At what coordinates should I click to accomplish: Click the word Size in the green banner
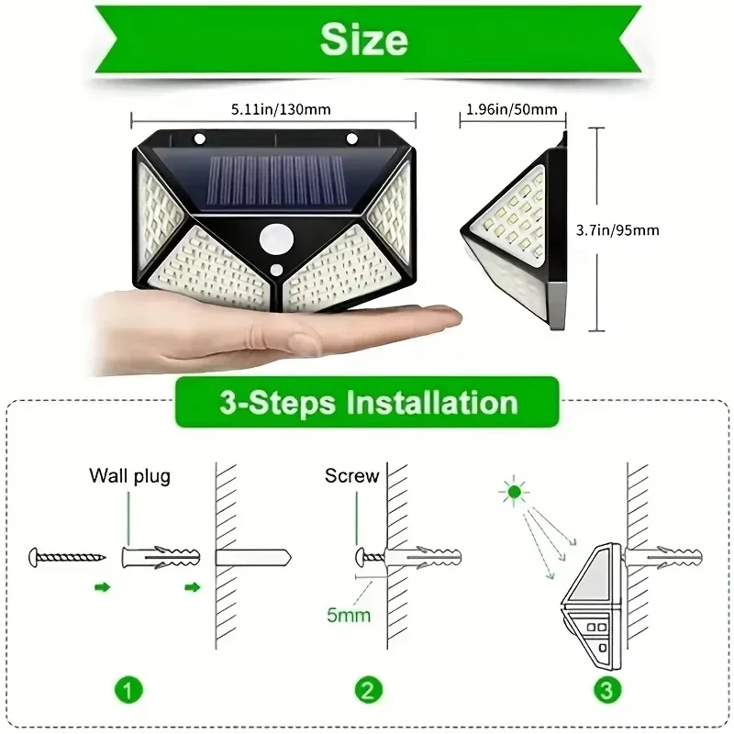(364, 40)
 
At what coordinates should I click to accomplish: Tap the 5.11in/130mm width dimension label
(275, 109)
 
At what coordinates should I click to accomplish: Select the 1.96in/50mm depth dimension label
(511, 109)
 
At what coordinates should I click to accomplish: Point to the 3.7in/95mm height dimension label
(641, 229)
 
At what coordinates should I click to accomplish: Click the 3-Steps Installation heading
(367, 403)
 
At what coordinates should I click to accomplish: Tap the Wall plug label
(129, 475)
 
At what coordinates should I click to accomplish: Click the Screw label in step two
(351, 475)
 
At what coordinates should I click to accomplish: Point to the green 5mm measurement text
(349, 614)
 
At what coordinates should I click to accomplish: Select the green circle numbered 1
(129, 688)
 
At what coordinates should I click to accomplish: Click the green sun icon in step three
(513, 493)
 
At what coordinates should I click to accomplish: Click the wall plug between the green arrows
(160, 557)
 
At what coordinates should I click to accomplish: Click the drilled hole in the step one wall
(253, 557)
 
